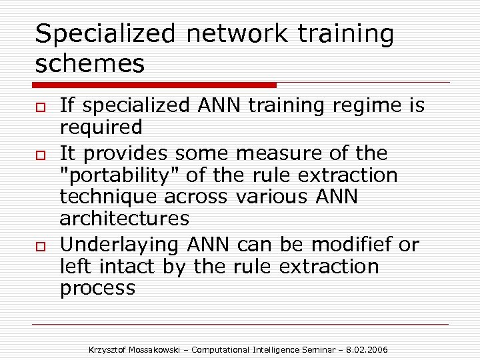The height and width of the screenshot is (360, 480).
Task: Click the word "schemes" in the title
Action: click(89, 64)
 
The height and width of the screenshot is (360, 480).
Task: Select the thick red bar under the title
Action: click(154, 85)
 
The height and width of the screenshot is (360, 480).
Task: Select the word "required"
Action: click(101, 127)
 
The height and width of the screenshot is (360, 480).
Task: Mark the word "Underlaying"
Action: click(119, 245)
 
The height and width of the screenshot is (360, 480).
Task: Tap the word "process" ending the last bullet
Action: click(97, 288)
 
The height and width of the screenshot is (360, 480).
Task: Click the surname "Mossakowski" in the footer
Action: click(157, 349)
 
